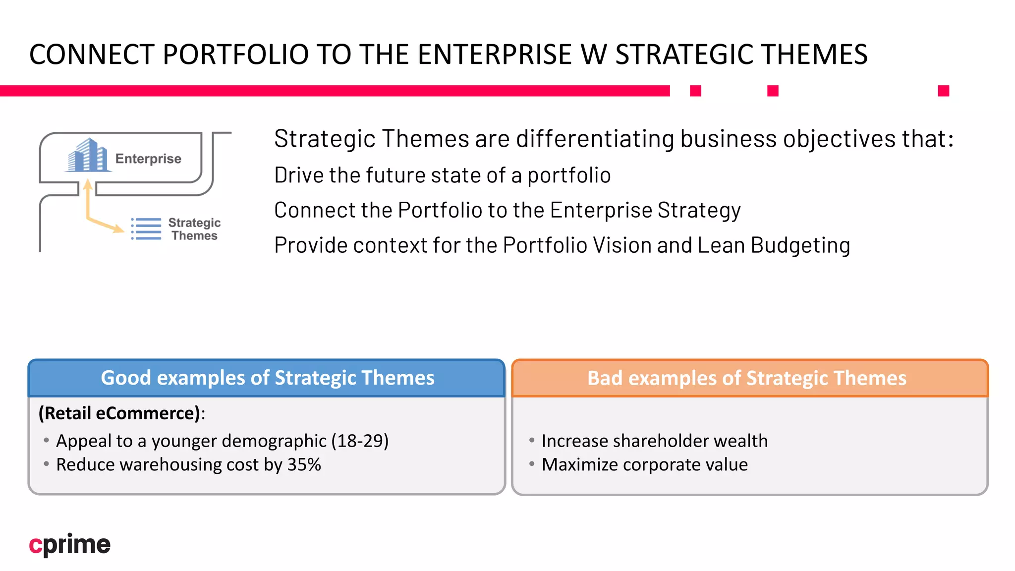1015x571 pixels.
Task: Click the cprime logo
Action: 69,544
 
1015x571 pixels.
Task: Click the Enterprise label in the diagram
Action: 148,159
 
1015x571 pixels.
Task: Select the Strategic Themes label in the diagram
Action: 194,229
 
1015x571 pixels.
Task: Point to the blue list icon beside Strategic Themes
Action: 146,229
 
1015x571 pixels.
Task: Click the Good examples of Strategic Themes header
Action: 267,378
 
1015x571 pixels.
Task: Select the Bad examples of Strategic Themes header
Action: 746,378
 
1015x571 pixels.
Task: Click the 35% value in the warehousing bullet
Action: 304,465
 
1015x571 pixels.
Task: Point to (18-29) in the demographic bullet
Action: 360,441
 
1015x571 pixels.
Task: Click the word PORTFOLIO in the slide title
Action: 236,55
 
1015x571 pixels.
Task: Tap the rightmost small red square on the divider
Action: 943,91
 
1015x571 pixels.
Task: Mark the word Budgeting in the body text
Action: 800,245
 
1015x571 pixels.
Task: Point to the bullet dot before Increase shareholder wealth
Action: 532,440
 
